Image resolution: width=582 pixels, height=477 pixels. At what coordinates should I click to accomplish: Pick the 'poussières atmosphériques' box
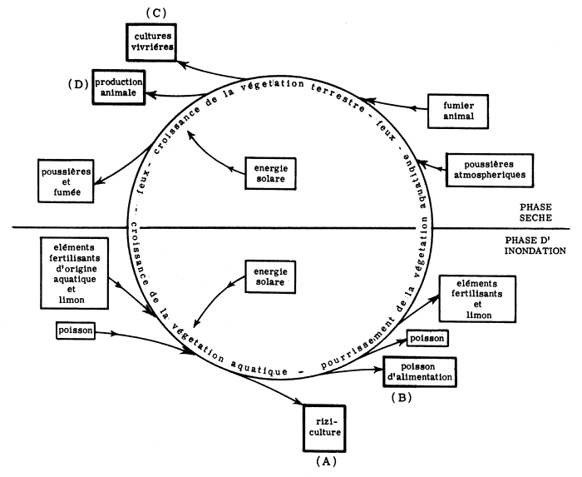[489, 169]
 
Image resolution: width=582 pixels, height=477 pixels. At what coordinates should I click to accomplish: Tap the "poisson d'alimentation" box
[420, 370]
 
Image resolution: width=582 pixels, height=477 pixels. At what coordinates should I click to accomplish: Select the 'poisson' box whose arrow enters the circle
[75, 330]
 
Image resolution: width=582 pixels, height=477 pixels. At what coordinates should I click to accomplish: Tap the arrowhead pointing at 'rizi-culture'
[298, 404]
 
